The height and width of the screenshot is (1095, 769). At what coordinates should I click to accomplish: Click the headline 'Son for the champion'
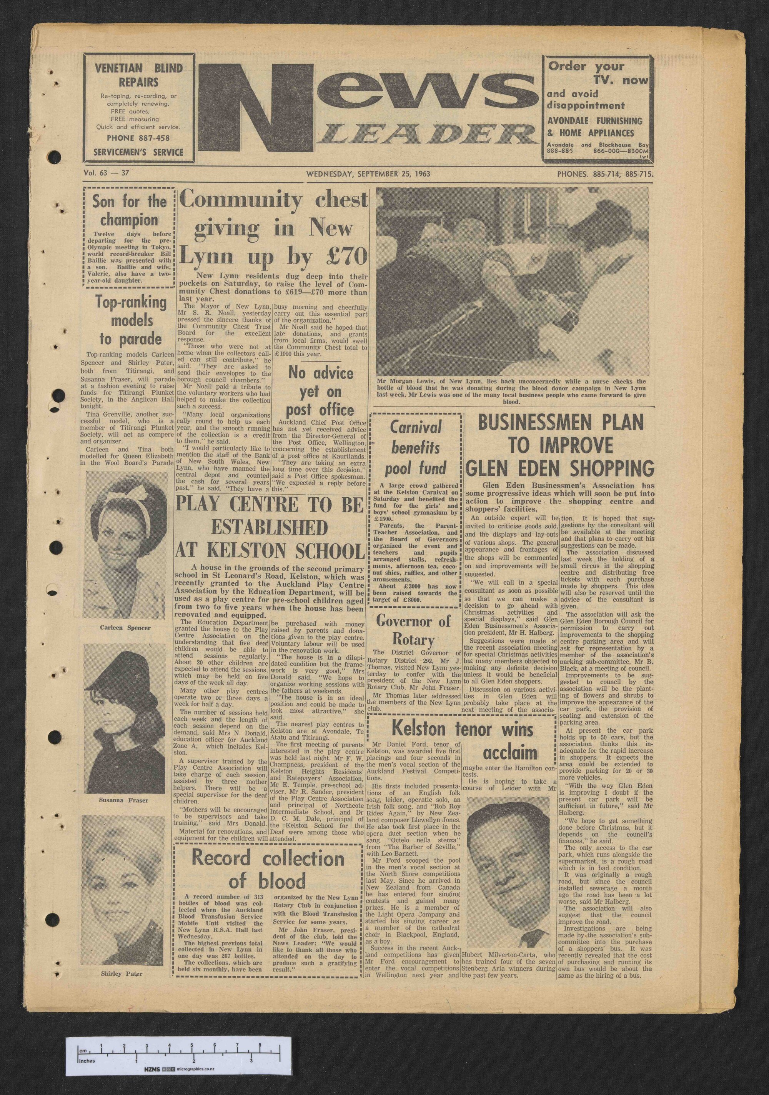[129, 210]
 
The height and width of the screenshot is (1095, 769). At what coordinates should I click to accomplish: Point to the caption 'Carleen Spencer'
[125, 628]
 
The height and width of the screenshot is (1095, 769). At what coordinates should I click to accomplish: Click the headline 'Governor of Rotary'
[413, 629]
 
